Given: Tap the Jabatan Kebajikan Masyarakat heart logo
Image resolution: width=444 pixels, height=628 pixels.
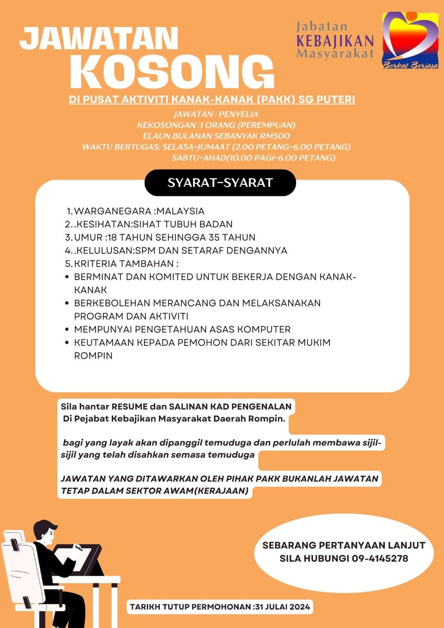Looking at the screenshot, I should pos(410,40).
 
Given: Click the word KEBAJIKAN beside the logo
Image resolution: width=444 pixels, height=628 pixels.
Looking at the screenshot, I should pos(335,41).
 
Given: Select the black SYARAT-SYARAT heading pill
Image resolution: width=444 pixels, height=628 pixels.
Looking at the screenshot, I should pos(220,183).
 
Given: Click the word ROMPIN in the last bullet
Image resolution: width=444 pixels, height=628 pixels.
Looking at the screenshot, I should pos(93,356).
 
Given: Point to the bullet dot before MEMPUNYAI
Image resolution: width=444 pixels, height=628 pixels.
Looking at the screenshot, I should pos(67,330).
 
